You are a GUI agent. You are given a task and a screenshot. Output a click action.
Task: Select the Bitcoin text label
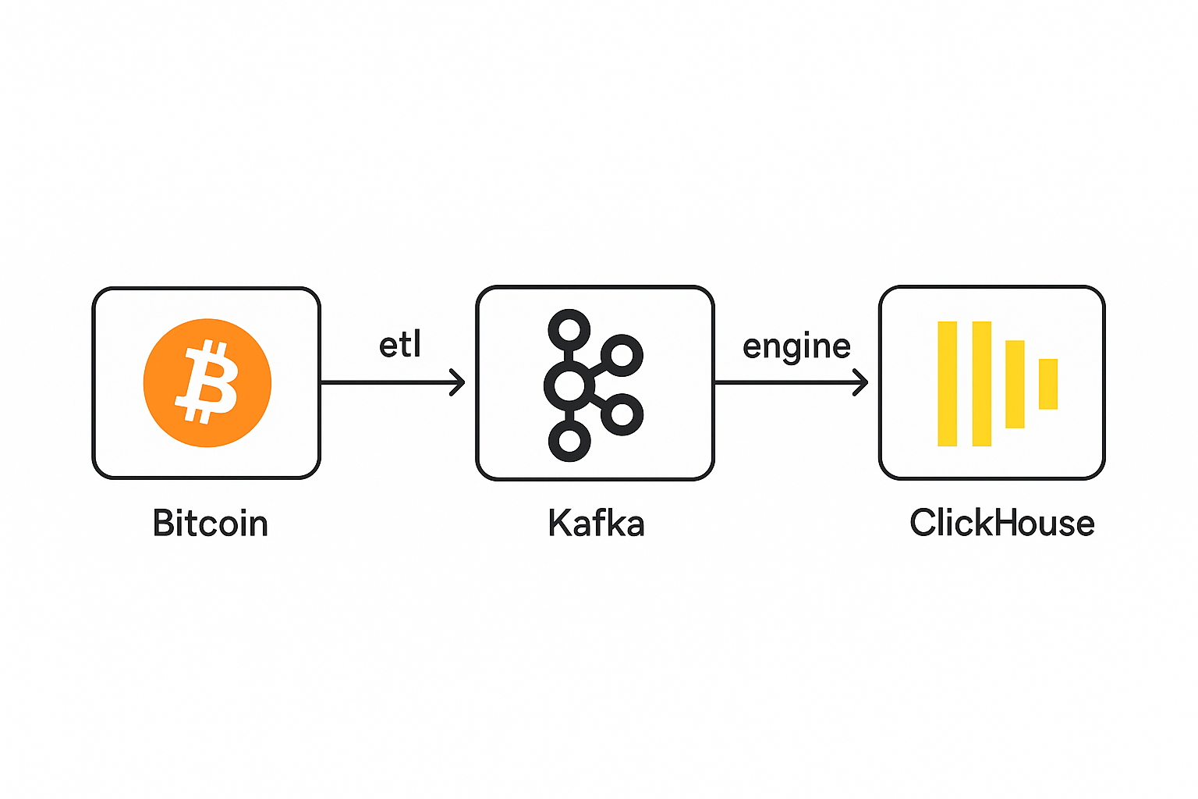point(211,523)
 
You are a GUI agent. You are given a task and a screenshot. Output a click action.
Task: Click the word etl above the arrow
point(400,345)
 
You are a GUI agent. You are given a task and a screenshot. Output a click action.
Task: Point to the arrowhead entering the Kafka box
point(459,382)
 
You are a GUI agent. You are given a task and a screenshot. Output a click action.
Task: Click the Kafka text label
point(596,523)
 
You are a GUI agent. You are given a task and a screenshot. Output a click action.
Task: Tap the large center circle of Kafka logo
point(569,385)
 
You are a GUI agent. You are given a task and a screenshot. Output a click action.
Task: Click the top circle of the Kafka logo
point(569,328)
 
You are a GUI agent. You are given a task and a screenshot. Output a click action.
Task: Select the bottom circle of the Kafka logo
point(569,441)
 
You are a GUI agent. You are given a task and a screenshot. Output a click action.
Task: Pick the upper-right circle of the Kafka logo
point(622,356)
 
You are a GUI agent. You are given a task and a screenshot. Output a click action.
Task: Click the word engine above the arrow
point(796,346)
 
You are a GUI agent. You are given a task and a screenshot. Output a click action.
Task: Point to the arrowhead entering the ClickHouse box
point(862,382)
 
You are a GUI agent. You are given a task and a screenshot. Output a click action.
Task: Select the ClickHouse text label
point(1002,523)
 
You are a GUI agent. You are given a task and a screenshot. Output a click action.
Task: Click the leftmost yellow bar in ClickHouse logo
point(947,383)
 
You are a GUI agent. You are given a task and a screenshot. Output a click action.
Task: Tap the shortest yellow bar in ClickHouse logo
point(1048,383)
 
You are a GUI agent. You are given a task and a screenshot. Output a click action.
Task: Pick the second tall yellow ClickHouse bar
point(982,383)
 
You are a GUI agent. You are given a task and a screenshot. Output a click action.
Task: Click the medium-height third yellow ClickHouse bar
point(1015,383)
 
